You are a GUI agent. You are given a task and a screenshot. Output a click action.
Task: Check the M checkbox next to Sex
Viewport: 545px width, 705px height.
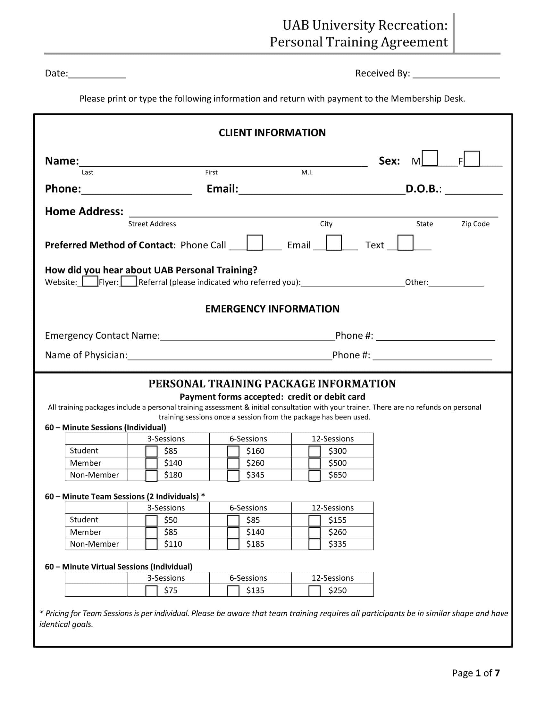point(430,158)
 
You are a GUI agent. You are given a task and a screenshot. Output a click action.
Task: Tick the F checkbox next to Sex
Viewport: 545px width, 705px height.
point(472,159)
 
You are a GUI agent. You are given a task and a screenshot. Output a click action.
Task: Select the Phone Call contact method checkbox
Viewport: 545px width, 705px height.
point(255,243)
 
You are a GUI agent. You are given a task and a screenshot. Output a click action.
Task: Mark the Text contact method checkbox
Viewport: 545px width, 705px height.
point(405,243)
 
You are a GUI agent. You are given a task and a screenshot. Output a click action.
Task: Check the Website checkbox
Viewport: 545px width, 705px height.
point(90,281)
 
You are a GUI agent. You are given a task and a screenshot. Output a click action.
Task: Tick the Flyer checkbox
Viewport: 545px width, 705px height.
point(129,281)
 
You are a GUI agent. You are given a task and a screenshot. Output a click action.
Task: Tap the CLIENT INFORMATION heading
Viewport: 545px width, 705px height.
point(272,133)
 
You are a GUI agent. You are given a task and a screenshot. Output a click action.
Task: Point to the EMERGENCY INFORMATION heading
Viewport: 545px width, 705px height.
point(272,309)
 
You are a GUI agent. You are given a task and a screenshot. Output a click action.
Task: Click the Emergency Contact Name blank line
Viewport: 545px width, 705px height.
point(247,336)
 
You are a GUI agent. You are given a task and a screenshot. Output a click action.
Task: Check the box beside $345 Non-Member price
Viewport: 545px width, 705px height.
point(233,476)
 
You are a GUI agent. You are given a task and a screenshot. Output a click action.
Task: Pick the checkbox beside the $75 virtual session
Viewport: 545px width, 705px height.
point(151,591)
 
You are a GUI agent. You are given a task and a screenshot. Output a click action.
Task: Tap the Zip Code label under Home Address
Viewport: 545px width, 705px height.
point(475,224)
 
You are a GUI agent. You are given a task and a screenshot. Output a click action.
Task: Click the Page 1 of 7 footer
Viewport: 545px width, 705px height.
point(475,673)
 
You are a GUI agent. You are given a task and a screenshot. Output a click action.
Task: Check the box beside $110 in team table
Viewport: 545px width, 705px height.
point(151,544)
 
